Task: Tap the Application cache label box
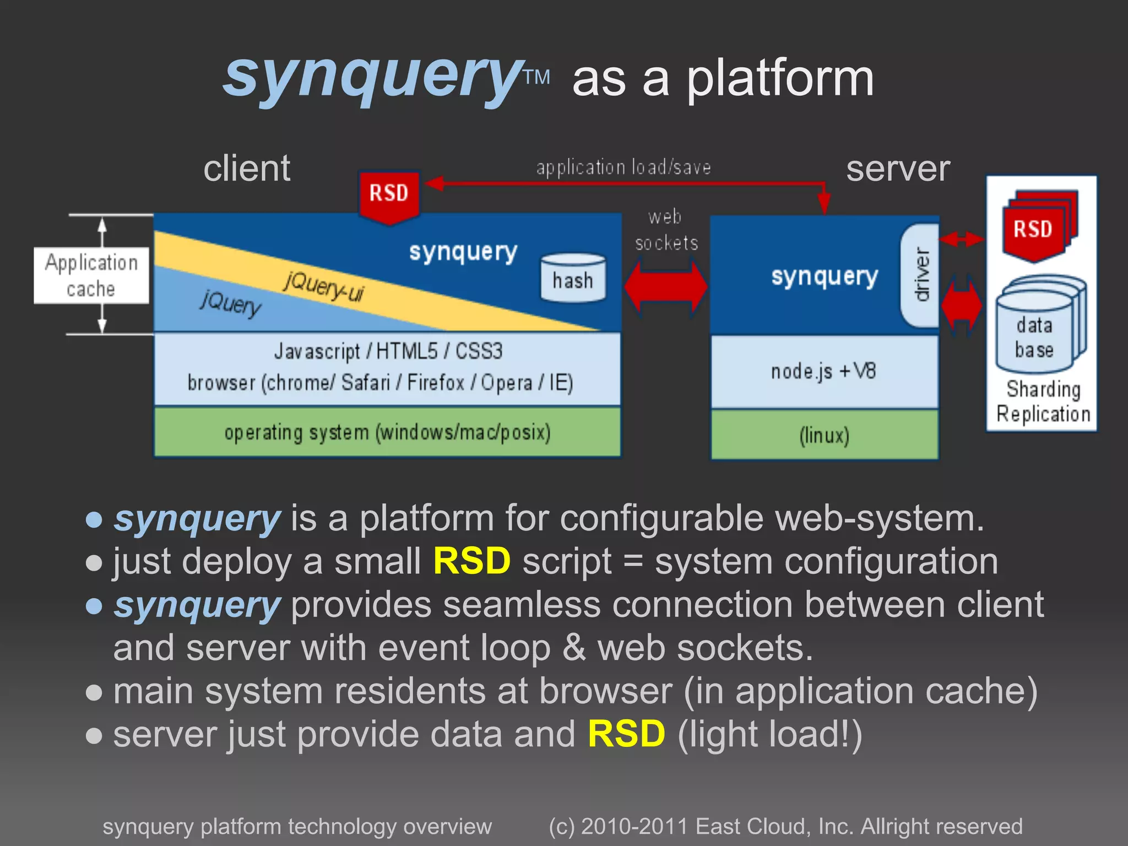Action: (x=91, y=275)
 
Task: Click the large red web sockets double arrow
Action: (x=666, y=288)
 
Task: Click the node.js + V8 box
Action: (x=824, y=372)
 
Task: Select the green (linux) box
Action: (x=824, y=435)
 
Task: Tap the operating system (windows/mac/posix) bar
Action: (x=387, y=432)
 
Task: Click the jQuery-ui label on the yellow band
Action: (x=324, y=286)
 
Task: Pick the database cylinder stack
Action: (x=1039, y=325)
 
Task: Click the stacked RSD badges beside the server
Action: (x=1037, y=226)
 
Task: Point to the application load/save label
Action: (x=623, y=167)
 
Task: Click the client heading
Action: (x=247, y=169)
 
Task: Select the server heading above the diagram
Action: (x=898, y=169)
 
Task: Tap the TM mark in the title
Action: (x=536, y=78)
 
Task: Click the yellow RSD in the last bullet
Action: (x=626, y=734)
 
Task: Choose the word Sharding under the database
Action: (x=1043, y=389)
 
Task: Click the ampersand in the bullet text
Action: (x=574, y=648)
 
